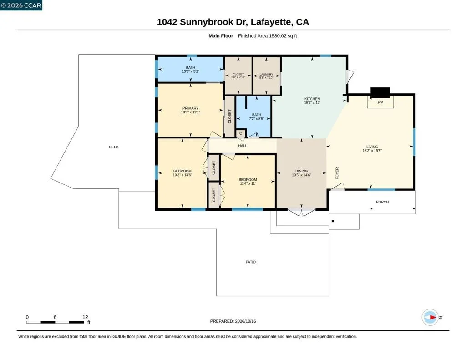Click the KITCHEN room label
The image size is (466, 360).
(x=312, y=99)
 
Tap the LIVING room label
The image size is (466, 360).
(x=372, y=147)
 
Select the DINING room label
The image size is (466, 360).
(x=301, y=171)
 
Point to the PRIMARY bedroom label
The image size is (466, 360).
(x=190, y=108)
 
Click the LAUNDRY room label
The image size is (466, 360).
(x=266, y=74)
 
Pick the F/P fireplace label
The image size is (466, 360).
(x=380, y=102)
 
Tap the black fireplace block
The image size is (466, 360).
(x=380, y=92)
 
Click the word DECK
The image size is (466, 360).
(x=114, y=147)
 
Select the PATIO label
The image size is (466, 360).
(x=251, y=262)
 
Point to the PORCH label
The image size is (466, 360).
(x=382, y=202)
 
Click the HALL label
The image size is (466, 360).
(x=243, y=146)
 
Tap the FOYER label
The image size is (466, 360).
(x=337, y=173)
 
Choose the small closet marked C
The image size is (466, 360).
(x=241, y=133)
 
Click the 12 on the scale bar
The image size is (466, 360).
(x=85, y=317)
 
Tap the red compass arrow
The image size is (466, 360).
(x=433, y=318)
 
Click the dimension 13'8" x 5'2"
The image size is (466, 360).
(x=191, y=71)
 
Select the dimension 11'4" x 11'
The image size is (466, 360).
(x=248, y=183)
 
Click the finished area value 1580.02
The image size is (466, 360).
(x=278, y=36)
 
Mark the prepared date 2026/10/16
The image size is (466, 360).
(x=245, y=321)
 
